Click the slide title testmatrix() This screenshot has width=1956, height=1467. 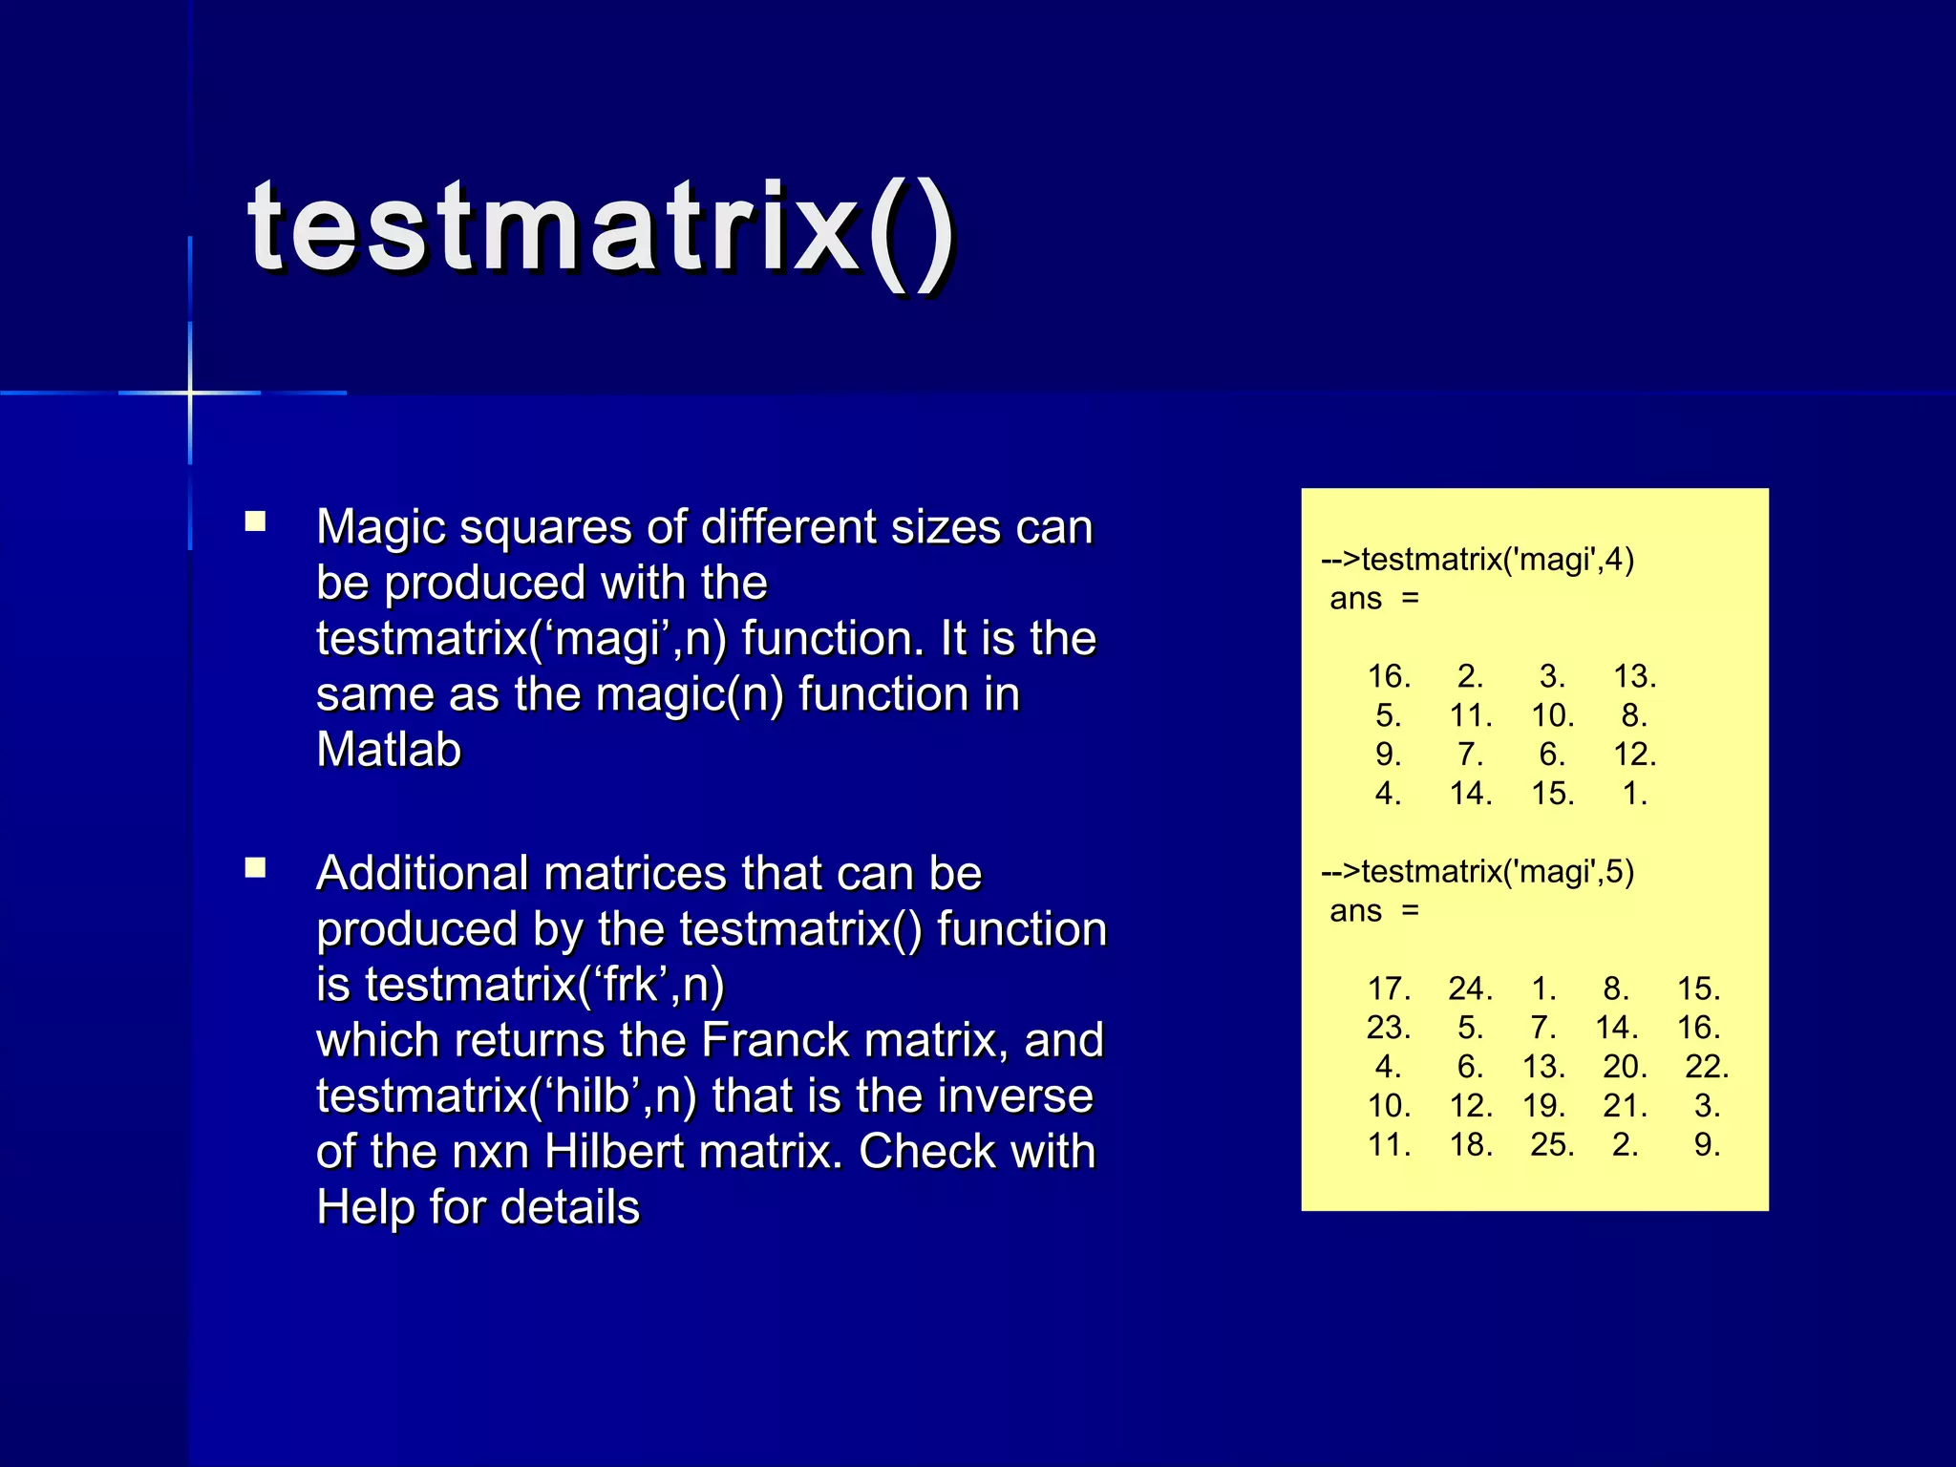[602, 229]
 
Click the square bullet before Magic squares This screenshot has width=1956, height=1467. [255, 521]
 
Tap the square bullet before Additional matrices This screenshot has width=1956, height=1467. [255, 868]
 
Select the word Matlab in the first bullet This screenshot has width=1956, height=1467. [389, 750]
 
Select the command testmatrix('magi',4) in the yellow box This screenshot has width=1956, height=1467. [1478, 560]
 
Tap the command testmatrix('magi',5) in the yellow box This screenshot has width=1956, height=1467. [1478, 872]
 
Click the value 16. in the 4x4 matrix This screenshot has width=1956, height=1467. [1389, 677]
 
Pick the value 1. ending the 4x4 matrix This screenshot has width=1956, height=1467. [1634, 794]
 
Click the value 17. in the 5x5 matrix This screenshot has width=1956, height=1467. [1389, 989]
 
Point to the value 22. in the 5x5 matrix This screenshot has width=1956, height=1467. [1707, 1067]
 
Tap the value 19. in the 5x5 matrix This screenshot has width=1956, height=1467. [1544, 1106]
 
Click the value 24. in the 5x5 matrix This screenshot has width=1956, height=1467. [1470, 989]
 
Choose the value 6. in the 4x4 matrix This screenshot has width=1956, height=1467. [1552, 755]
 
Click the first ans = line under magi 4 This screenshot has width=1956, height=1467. [1373, 599]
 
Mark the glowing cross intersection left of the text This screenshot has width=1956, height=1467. [190, 393]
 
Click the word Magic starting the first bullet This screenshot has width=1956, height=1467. [380, 527]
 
